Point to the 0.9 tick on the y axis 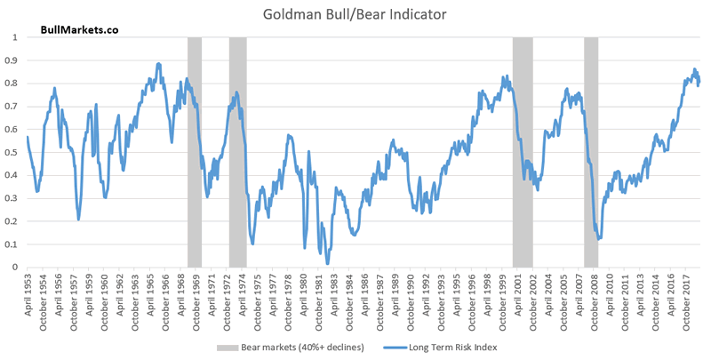tap(13, 60)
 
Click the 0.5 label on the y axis tap(13, 152)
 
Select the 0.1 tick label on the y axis tap(13, 244)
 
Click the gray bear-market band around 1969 tap(195, 151)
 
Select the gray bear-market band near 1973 tap(237, 151)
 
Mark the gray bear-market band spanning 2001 tap(523, 151)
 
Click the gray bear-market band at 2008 tap(591, 151)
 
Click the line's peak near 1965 tap(158, 64)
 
